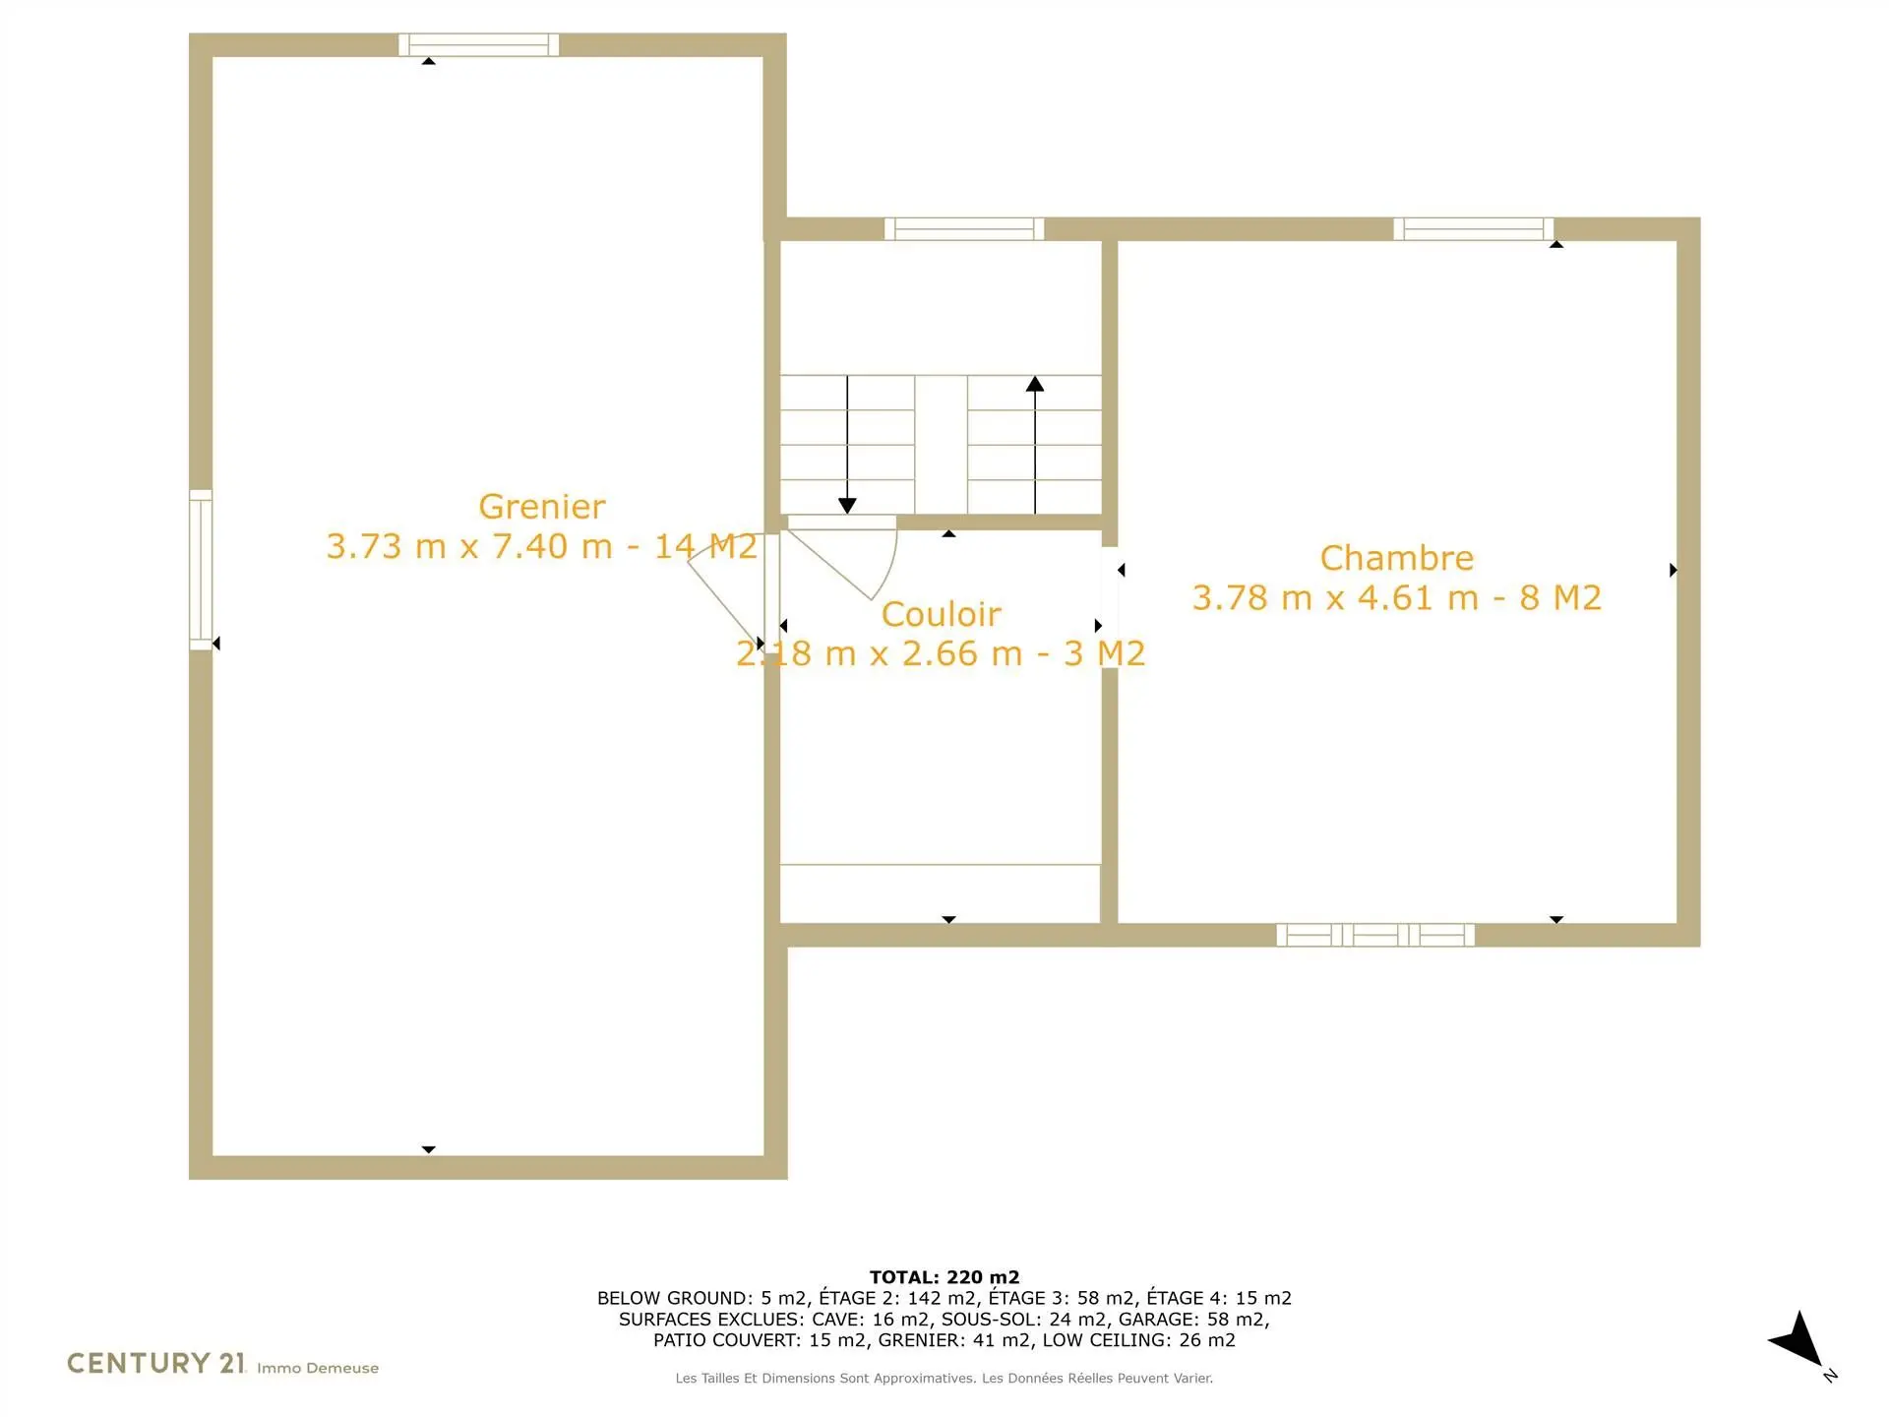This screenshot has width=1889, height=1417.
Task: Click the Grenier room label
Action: (x=542, y=507)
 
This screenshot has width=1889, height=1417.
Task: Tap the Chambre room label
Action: (x=1397, y=558)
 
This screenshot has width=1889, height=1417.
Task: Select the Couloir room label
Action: (x=942, y=614)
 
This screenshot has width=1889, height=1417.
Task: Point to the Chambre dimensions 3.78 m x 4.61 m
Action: (x=1336, y=597)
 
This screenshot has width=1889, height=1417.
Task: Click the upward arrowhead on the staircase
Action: (x=1035, y=384)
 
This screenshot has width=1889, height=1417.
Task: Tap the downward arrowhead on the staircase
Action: (x=847, y=506)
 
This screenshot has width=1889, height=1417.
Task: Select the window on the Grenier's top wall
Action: (x=479, y=45)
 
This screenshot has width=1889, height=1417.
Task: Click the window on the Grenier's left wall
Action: (x=201, y=570)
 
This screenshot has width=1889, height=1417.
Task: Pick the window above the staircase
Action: (x=964, y=229)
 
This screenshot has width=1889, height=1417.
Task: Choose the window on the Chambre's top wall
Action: (x=1474, y=229)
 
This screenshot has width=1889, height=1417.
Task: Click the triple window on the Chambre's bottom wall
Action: (x=1375, y=935)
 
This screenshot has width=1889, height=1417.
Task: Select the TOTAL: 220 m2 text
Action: (x=944, y=1277)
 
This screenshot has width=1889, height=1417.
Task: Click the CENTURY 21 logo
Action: (x=156, y=1363)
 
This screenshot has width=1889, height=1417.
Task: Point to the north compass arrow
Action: (x=1799, y=1340)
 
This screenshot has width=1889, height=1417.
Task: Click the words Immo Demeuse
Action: (x=318, y=1368)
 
